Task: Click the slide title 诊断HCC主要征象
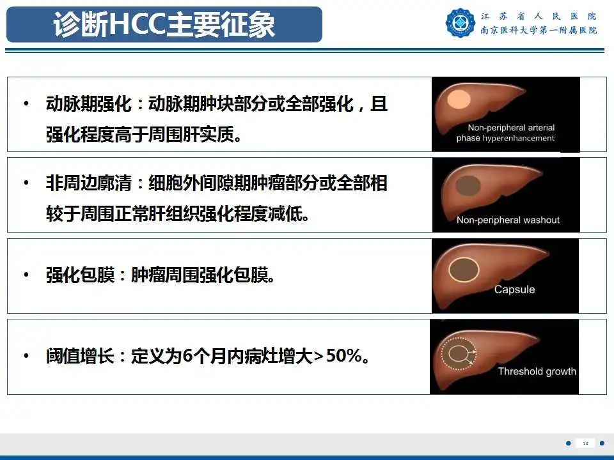coord(164,25)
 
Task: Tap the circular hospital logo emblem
coord(460,24)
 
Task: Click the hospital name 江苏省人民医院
coord(539,16)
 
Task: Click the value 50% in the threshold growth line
coord(343,356)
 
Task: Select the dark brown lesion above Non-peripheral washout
coord(469,185)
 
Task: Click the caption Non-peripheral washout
coord(508,220)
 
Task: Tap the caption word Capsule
coord(514,289)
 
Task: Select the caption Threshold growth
coord(537,371)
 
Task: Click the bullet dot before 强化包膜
coord(26,275)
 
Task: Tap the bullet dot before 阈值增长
coord(26,356)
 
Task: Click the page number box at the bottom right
coord(585,443)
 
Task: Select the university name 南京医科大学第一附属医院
coord(539,30)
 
